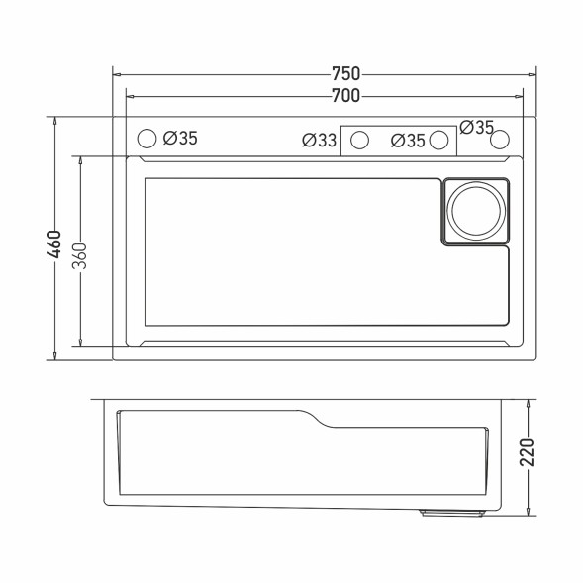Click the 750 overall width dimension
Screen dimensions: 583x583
pyautogui.click(x=345, y=73)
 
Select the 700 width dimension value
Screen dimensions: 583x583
pyautogui.click(x=345, y=95)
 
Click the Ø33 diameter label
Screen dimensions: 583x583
pyautogui.click(x=320, y=141)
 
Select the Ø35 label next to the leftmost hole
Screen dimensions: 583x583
pyautogui.click(x=180, y=139)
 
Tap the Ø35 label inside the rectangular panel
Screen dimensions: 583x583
pyautogui.click(x=407, y=141)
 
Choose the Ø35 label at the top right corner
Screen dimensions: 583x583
pyautogui.click(x=476, y=127)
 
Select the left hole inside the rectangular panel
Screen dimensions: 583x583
pyautogui.click(x=359, y=141)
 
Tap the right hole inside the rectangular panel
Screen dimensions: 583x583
pyautogui.click(x=438, y=141)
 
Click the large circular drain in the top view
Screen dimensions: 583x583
pyautogui.click(x=476, y=210)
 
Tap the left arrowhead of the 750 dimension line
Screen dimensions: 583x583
pyautogui.click(x=117, y=73)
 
